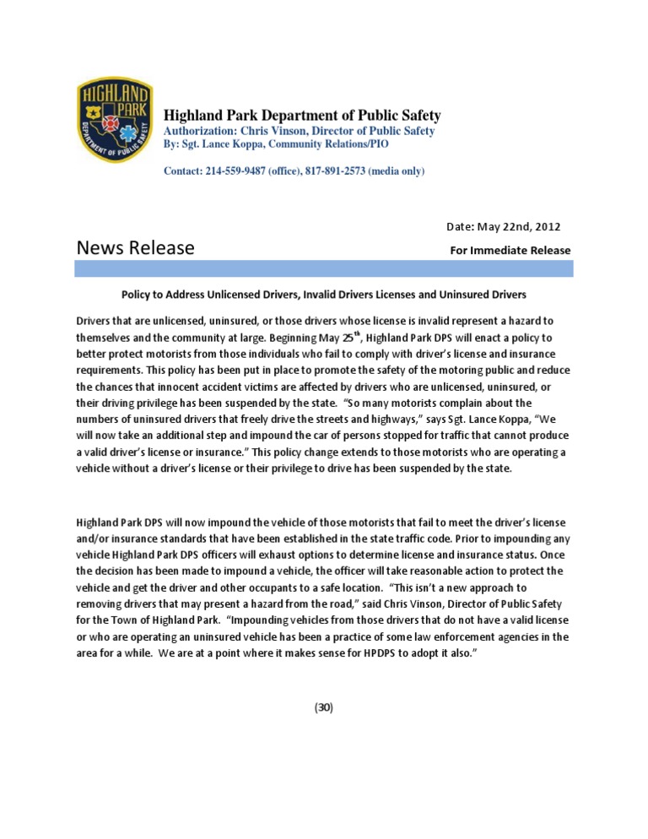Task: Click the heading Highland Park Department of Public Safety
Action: (301, 116)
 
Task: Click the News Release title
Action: (135, 248)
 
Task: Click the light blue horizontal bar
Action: (323, 268)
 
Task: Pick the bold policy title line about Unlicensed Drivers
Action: (324, 295)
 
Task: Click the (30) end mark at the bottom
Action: (324, 707)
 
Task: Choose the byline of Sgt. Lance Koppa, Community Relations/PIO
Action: (276, 144)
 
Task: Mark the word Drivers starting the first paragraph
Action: (94, 322)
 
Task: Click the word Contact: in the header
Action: (182, 171)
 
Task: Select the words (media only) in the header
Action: (397, 171)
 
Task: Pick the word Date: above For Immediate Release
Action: (459, 227)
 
